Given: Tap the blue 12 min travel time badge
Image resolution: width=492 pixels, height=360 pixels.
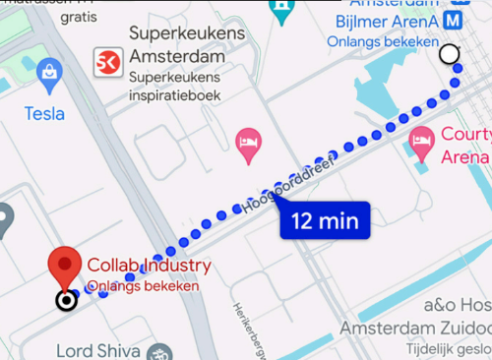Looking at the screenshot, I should coord(324,220).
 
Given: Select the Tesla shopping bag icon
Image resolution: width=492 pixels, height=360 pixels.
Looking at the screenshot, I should coord(48,71).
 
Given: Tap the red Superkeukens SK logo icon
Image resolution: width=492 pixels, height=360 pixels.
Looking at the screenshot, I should coord(105,63).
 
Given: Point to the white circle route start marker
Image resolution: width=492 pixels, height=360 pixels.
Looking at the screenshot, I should coord(450,54).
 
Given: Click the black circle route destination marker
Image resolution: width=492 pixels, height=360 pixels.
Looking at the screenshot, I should coord(66,300).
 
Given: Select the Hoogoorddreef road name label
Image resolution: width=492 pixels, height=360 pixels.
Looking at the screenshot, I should coord(285,188).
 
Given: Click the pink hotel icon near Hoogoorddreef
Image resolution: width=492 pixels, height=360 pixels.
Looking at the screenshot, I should coord(248,144).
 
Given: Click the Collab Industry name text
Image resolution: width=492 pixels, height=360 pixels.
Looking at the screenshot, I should coord(149,266).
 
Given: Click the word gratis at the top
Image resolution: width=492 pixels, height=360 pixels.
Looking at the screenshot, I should coord(79,17).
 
